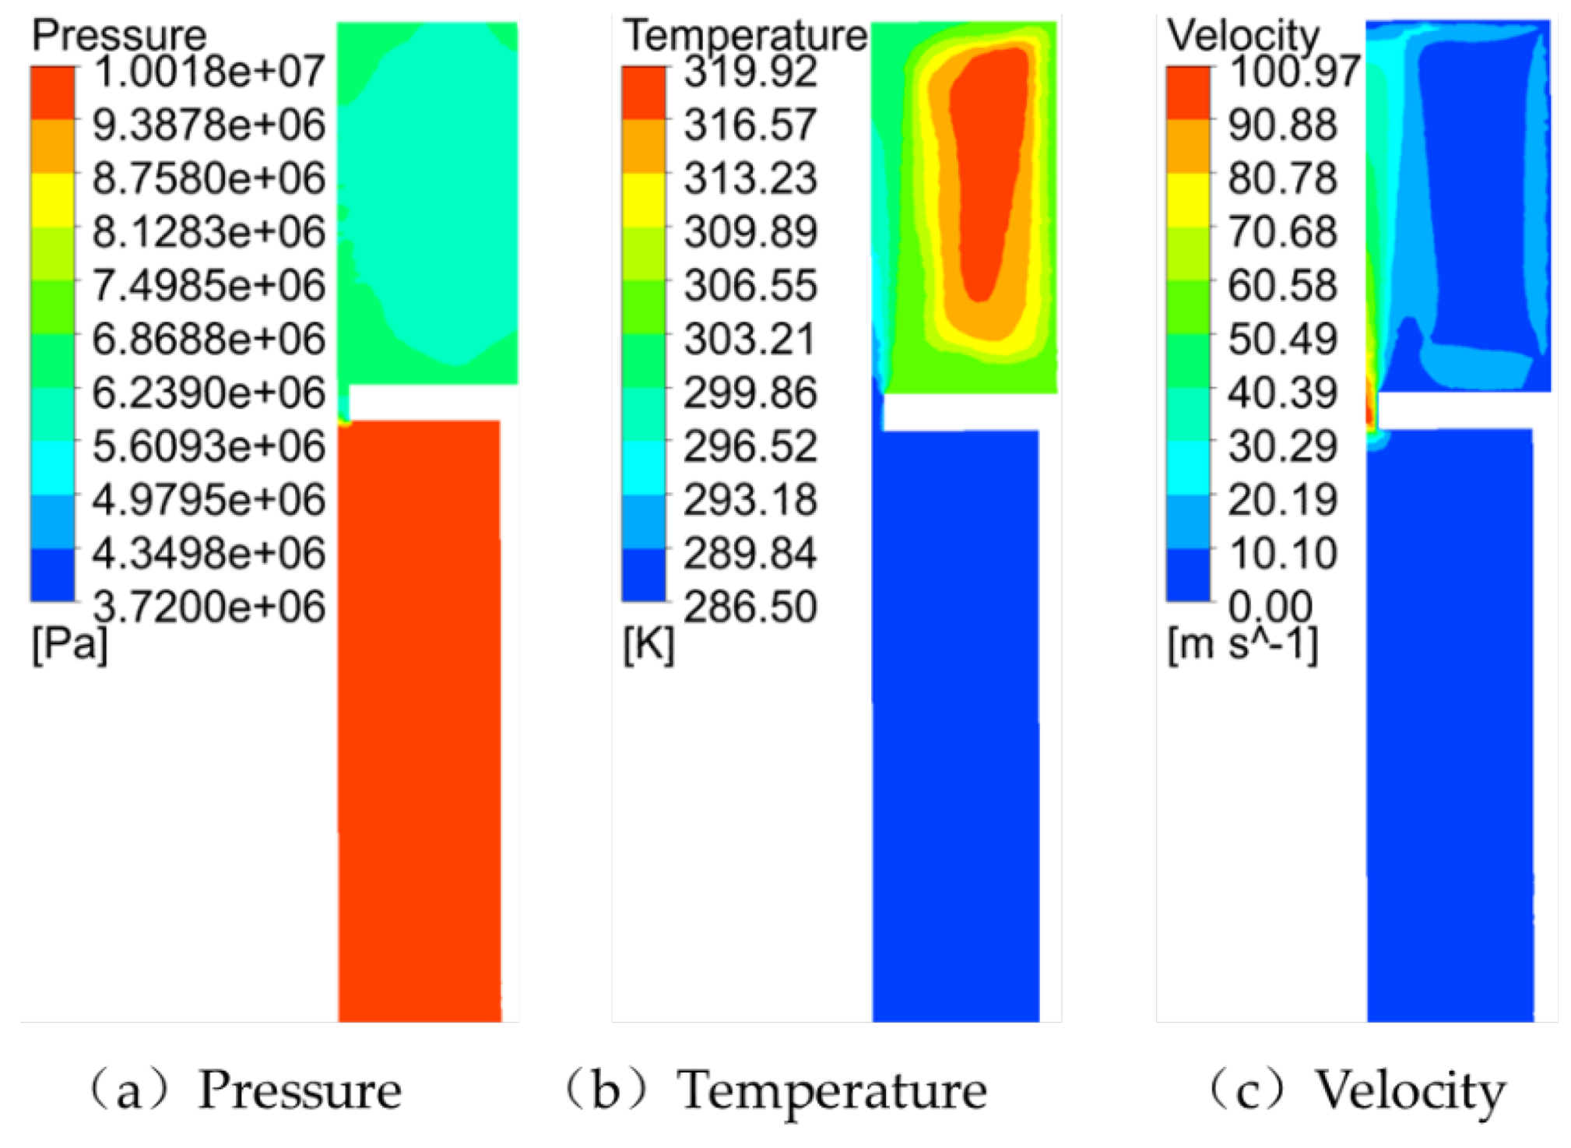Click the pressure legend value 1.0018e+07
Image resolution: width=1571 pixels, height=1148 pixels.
click(x=208, y=72)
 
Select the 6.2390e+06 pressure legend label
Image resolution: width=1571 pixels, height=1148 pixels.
click(x=208, y=393)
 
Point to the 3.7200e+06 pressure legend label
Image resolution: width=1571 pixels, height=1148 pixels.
click(x=208, y=607)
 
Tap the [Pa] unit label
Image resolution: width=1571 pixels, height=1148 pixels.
click(x=69, y=645)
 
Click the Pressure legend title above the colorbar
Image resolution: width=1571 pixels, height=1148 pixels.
click(x=119, y=35)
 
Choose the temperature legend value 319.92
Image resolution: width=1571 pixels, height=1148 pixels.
click(x=750, y=72)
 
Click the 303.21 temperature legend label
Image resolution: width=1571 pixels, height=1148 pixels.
click(x=749, y=339)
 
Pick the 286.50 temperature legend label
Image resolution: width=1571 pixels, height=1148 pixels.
click(x=750, y=607)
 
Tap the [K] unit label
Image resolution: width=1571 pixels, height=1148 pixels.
click(x=648, y=645)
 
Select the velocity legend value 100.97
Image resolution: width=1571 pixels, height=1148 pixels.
click(x=1295, y=72)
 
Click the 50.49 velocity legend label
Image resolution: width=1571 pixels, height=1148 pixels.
click(x=1282, y=339)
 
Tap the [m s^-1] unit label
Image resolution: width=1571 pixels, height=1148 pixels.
click(x=1242, y=645)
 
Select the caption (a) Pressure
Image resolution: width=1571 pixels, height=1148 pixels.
click(x=248, y=1090)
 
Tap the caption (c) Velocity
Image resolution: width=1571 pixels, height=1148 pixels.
click(x=1358, y=1090)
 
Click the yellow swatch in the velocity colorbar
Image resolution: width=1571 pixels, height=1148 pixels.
click(x=1188, y=200)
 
